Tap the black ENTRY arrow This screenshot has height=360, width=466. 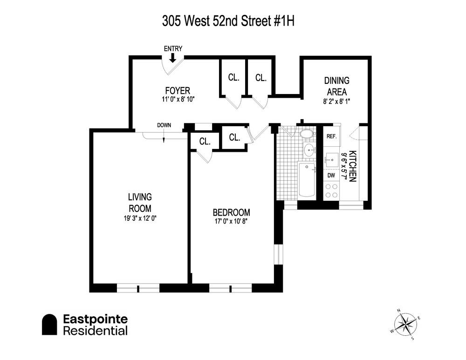172,57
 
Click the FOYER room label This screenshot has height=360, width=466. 178,90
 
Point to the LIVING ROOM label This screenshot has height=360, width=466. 140,203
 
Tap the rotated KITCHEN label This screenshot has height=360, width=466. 353,166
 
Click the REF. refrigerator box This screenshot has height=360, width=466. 331,136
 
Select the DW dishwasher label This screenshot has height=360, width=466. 331,176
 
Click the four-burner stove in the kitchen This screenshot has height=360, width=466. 331,190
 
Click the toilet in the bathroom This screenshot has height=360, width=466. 306,135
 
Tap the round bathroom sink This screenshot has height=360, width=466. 309,150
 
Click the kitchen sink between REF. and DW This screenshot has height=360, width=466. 331,158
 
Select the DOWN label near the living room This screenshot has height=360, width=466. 164,125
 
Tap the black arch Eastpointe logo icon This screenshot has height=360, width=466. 49,325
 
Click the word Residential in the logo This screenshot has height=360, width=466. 95,331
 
